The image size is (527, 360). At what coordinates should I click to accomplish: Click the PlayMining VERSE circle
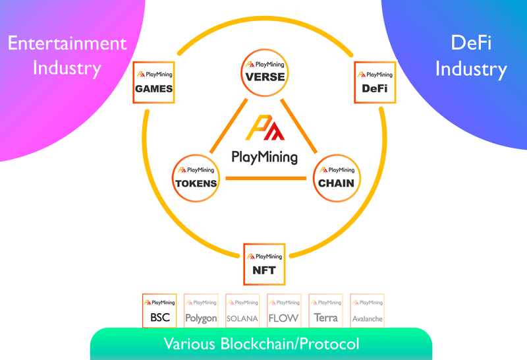[265, 73]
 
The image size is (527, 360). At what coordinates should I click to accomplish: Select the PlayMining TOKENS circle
[196, 178]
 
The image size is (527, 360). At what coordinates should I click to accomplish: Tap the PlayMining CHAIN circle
[337, 178]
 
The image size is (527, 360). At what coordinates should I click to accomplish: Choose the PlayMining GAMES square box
[153, 82]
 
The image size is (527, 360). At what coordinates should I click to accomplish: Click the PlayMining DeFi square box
[375, 82]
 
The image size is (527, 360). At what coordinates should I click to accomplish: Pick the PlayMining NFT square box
[264, 264]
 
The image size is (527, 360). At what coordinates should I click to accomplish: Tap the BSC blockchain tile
[159, 311]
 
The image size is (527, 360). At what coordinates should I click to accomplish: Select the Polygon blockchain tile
[201, 311]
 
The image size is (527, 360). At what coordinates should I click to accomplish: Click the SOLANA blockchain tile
[242, 311]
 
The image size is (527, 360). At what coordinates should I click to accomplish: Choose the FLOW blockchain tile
[284, 311]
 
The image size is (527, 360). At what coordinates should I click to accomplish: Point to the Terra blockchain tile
[325, 311]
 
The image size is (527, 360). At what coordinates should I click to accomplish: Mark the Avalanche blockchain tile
[368, 311]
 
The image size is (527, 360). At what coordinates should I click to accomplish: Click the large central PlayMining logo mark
[265, 127]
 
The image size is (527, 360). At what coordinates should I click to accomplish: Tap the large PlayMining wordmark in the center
[265, 158]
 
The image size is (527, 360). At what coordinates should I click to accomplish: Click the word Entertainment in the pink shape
[67, 44]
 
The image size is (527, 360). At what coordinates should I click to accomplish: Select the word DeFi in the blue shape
[471, 43]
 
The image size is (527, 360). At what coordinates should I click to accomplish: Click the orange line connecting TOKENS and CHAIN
[266, 178]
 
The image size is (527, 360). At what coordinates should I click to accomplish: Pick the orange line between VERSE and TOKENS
[229, 126]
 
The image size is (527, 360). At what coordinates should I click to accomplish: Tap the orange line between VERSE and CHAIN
[299, 126]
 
